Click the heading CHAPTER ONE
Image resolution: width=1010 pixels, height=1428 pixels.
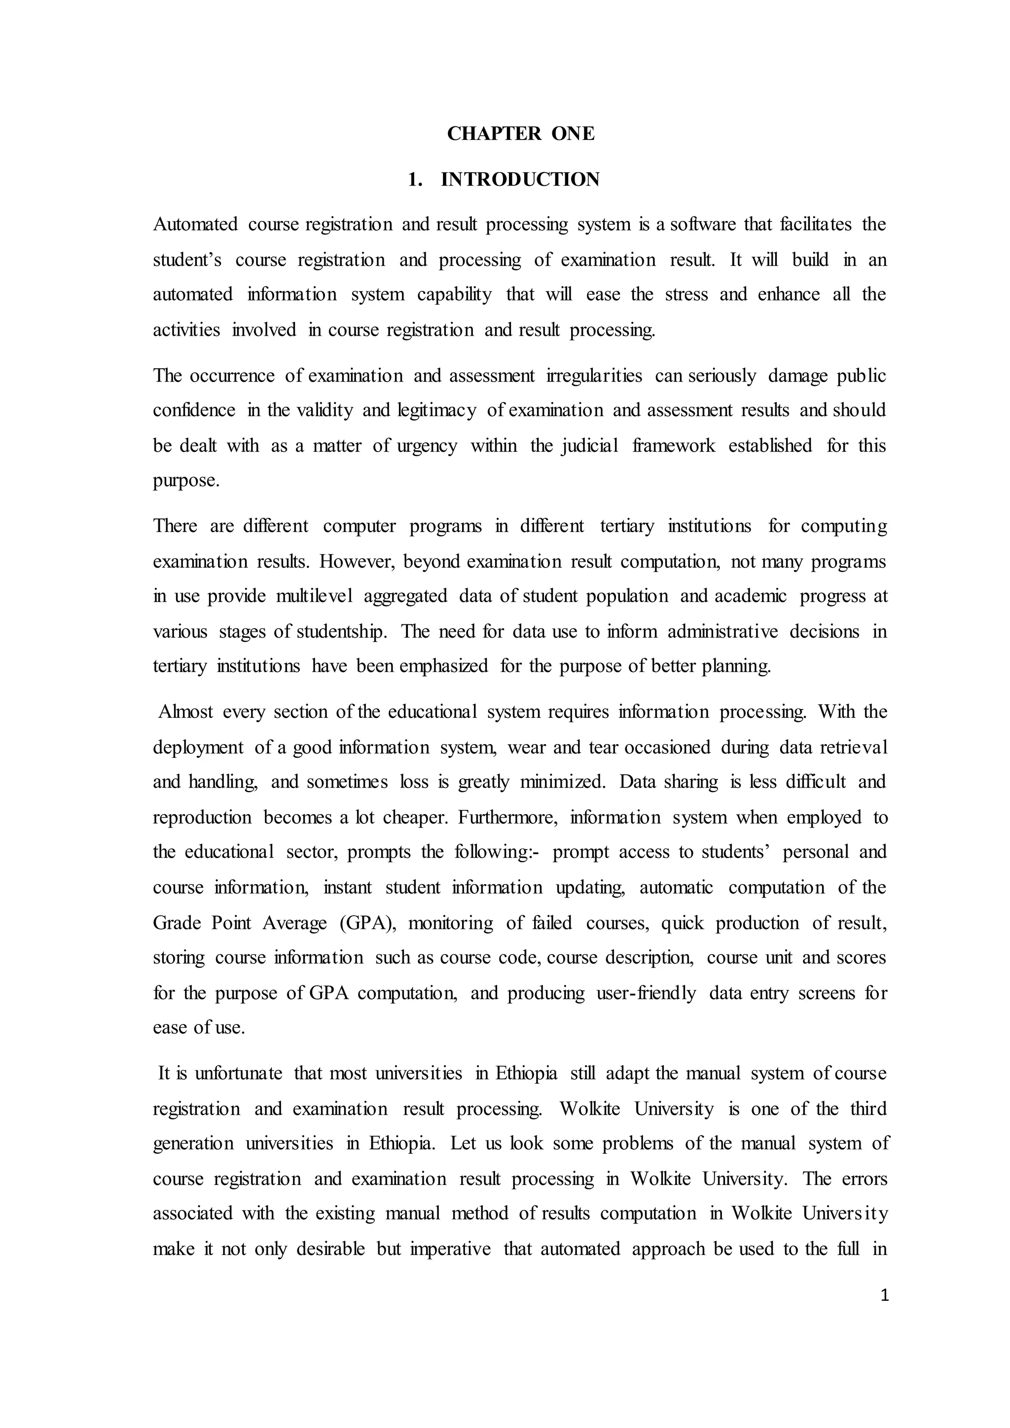pyautogui.click(x=521, y=134)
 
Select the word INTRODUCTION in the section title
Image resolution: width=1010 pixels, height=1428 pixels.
pyautogui.click(x=520, y=180)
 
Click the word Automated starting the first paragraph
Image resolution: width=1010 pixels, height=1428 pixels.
pyautogui.click(x=195, y=224)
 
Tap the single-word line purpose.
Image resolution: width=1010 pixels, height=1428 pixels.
pyautogui.click(x=185, y=481)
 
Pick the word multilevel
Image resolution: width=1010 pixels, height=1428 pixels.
pyautogui.click(x=314, y=597)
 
